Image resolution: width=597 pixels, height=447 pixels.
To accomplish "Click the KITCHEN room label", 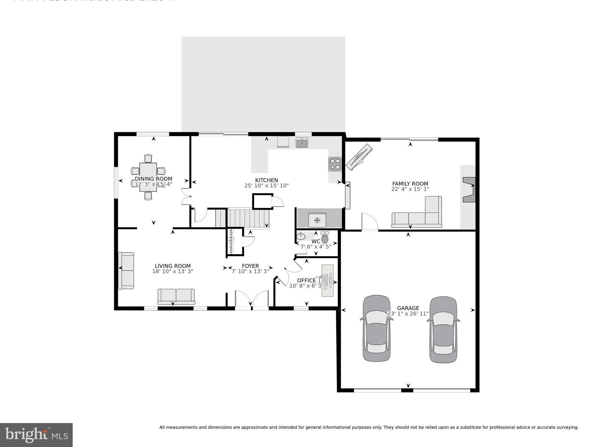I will coord(266,180).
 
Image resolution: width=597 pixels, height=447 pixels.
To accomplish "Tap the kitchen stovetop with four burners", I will coord(335,164).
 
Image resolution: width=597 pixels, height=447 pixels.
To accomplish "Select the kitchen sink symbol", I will coord(302,142).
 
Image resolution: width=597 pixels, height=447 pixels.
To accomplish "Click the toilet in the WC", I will coord(325,238).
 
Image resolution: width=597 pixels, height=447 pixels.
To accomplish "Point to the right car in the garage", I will coord(443,329).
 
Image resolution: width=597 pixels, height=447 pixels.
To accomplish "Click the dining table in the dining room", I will coord(148,177).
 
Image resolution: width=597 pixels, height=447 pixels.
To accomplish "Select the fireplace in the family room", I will coord(469,190).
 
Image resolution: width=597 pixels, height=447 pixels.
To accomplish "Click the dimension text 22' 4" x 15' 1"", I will coord(410,189).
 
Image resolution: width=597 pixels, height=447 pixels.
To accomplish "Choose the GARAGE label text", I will coord(408,308).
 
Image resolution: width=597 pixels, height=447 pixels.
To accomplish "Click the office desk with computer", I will coord(327,280).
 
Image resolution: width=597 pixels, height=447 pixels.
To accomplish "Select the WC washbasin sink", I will coord(301,236).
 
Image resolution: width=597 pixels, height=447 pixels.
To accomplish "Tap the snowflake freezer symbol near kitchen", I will coord(317,220).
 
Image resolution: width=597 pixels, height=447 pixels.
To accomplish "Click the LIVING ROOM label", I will coord(172,266).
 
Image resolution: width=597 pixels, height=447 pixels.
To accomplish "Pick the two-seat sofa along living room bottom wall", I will coord(176,296).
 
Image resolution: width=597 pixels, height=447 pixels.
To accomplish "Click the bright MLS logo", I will coord(36,435).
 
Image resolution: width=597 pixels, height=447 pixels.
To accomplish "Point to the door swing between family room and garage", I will coord(370,222).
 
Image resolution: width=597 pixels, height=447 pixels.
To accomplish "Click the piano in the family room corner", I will coord(359,157).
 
